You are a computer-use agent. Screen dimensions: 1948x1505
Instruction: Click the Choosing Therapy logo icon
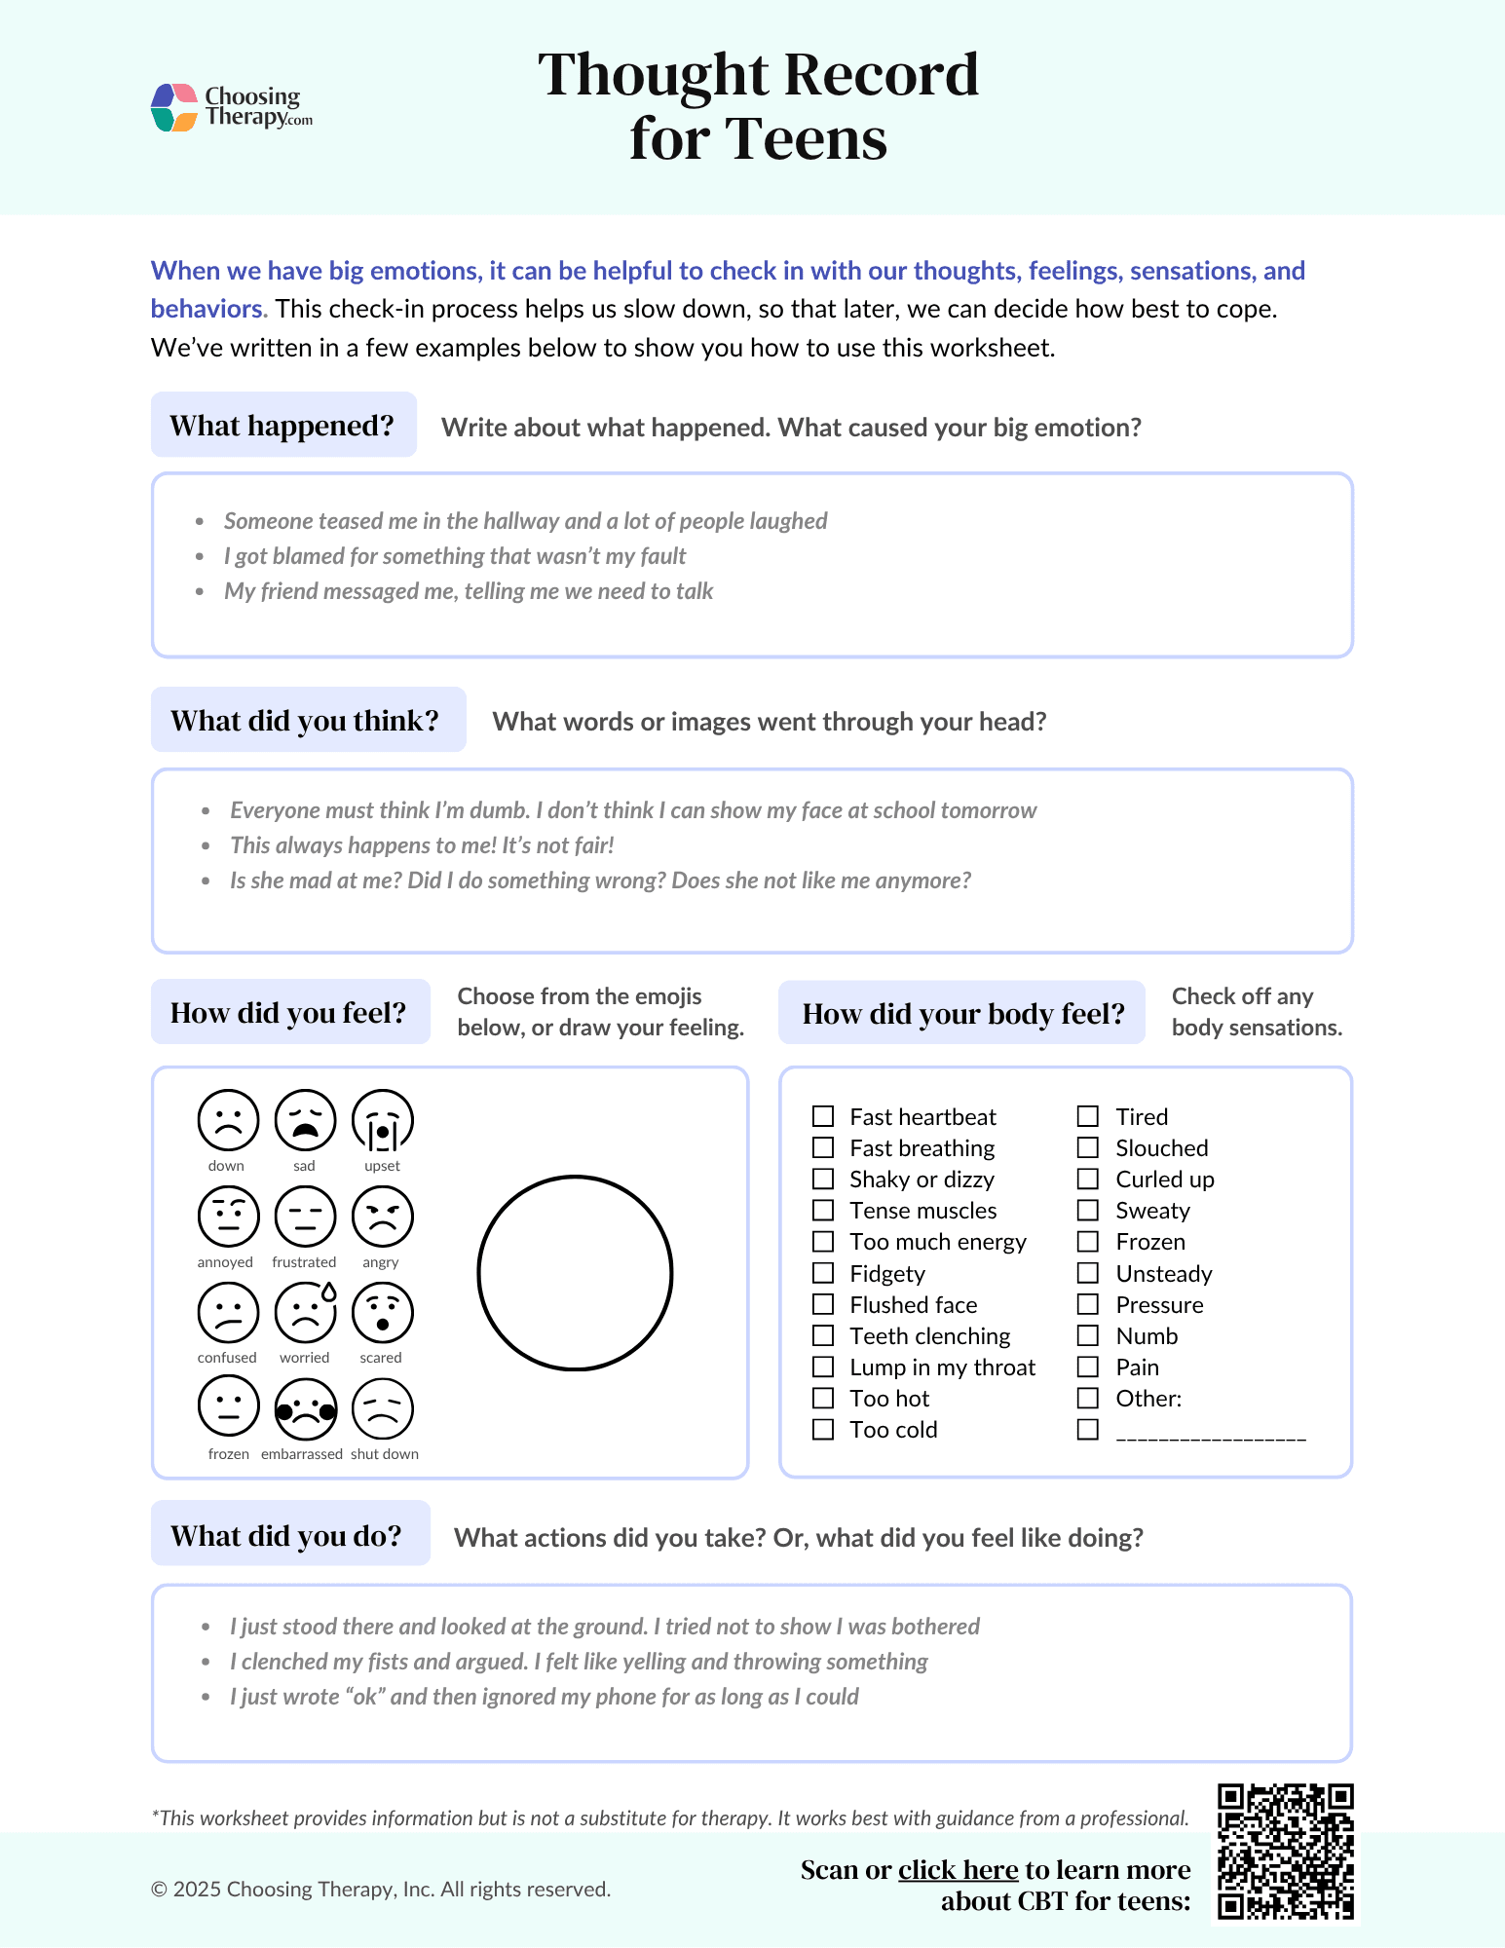point(175,107)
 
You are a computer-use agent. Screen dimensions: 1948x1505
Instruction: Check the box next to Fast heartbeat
point(823,1116)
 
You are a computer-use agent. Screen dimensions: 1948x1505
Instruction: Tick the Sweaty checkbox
point(1088,1210)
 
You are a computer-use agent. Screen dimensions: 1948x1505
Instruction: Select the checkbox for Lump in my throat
point(823,1367)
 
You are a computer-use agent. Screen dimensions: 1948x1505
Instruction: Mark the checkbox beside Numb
point(1088,1335)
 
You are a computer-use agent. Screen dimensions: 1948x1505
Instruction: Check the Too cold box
point(823,1429)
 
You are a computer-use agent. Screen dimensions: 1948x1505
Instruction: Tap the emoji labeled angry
point(382,1217)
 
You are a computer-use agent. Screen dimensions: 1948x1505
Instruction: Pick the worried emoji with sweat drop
point(305,1312)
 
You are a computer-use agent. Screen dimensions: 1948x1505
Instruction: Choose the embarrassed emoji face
point(305,1408)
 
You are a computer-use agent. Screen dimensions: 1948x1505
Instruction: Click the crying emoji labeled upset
point(382,1120)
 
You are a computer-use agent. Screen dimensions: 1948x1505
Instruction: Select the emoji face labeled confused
point(228,1312)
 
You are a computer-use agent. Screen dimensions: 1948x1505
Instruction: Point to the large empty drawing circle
point(575,1273)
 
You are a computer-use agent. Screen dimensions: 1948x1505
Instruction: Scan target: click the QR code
point(1285,1852)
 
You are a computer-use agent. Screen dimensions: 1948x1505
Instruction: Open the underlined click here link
point(958,1870)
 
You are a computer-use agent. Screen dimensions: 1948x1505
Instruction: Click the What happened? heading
point(282,426)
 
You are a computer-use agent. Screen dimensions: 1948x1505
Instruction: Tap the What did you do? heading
point(286,1536)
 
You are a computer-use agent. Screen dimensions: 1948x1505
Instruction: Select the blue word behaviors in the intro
point(207,309)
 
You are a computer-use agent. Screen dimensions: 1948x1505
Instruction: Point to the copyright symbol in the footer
point(159,1890)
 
